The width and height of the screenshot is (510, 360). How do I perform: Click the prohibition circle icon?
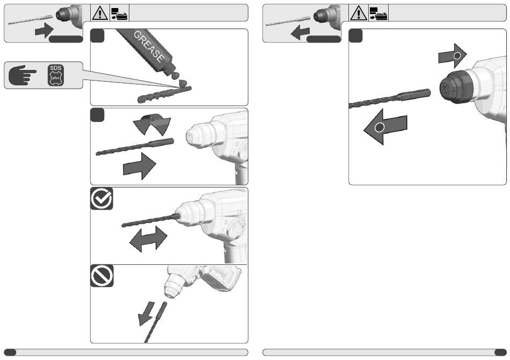[x=102, y=276]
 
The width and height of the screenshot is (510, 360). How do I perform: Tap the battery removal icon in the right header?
[x=378, y=13]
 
